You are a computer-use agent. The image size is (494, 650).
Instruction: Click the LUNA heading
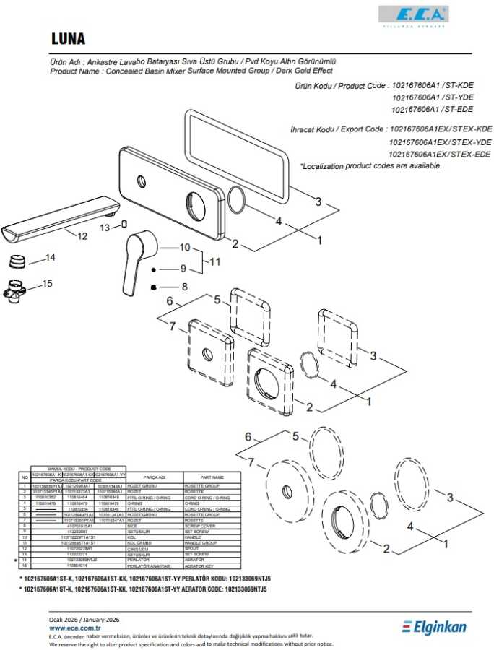click(69, 38)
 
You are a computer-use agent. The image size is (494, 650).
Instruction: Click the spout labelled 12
click(58, 218)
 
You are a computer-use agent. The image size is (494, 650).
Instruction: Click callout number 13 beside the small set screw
click(105, 227)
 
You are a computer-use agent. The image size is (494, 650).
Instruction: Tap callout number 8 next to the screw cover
click(184, 287)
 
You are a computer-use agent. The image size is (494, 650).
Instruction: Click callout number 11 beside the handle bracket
click(214, 261)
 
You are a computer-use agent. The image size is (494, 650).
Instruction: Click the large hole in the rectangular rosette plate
click(197, 202)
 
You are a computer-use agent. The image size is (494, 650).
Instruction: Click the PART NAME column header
click(212, 477)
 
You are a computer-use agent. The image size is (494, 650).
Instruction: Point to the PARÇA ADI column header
click(155, 477)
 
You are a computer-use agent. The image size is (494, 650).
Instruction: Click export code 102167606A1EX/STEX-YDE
click(440, 142)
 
